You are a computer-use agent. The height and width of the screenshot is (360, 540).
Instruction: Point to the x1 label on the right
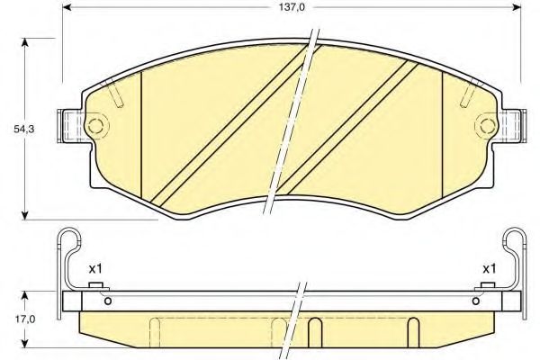[490, 268]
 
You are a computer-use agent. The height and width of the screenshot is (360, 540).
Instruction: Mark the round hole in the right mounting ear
[487, 123]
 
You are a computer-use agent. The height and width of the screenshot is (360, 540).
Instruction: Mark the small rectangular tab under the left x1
[95, 287]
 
